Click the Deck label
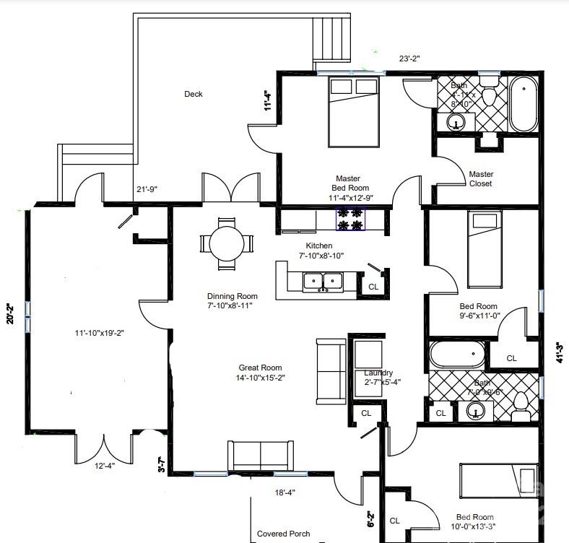[193, 94]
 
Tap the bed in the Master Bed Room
[354, 112]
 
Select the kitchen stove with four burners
[350, 219]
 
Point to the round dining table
[226, 243]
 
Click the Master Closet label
[481, 179]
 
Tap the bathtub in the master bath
[523, 105]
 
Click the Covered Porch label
[283, 534]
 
